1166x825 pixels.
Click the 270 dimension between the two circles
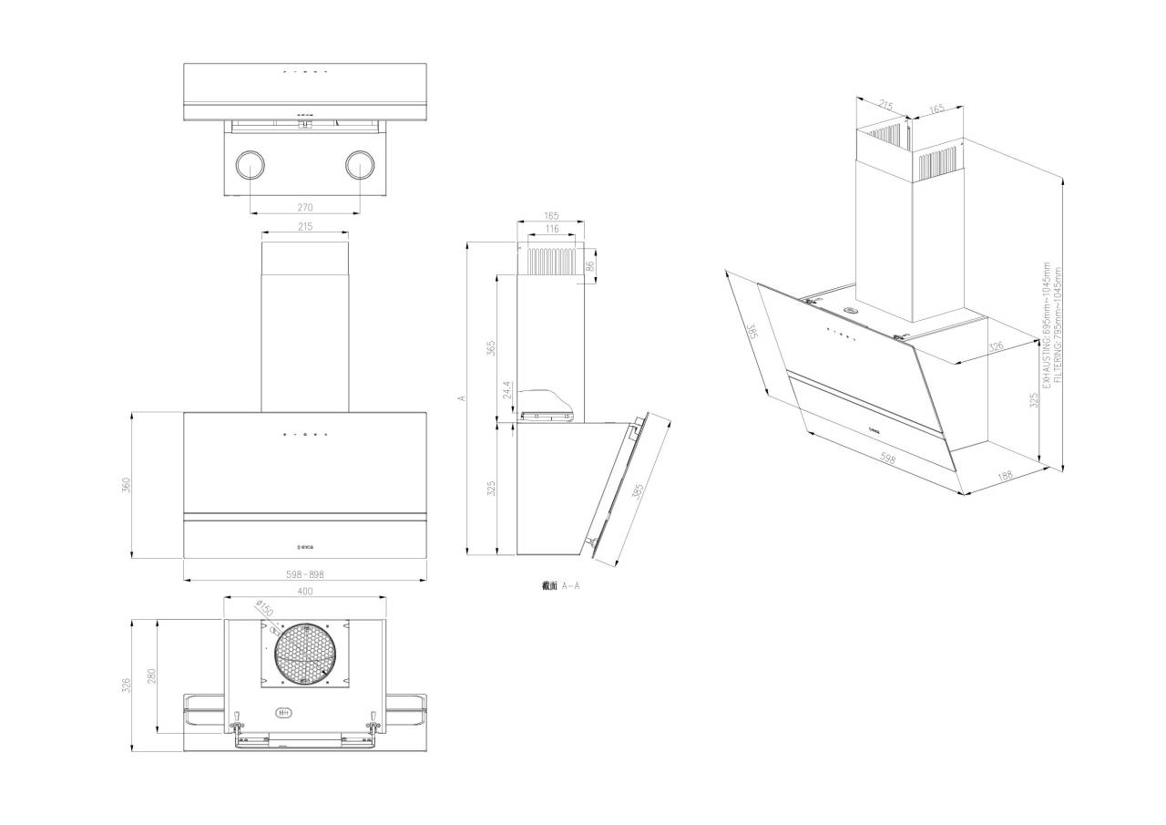click(305, 207)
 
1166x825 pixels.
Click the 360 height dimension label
click(128, 485)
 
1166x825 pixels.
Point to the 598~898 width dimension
click(305, 574)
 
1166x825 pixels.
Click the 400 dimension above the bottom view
click(305, 592)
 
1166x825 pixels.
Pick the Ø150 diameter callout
click(264, 608)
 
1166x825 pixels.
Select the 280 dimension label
click(152, 675)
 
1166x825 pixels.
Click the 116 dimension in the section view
click(551, 229)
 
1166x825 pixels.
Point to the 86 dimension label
click(590, 266)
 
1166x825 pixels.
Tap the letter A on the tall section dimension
click(462, 397)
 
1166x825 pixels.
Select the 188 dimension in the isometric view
click(1005, 476)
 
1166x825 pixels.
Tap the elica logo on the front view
click(305, 547)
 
